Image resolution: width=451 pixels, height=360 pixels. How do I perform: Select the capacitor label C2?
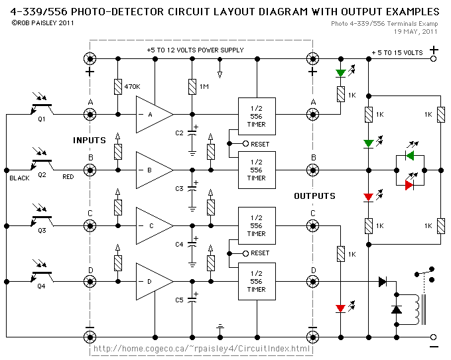pyautogui.click(x=179, y=133)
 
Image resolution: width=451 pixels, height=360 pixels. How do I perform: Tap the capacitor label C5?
pyautogui.click(x=179, y=300)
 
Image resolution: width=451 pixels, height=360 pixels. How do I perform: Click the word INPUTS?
pyautogui.click(x=90, y=141)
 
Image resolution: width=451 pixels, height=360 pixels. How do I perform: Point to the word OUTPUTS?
pyautogui.click(x=314, y=196)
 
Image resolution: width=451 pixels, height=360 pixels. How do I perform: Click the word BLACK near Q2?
pyautogui.click(x=20, y=178)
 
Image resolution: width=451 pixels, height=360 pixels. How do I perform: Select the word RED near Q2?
pyautogui.click(x=68, y=177)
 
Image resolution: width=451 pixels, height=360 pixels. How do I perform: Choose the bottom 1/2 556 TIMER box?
pyautogui.click(x=256, y=281)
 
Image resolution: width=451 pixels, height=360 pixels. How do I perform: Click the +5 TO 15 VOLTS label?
pyautogui.click(x=397, y=52)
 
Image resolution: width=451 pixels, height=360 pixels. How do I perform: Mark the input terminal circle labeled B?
pyautogui.click(x=90, y=170)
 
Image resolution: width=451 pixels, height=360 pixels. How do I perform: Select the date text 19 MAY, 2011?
pyautogui.click(x=415, y=31)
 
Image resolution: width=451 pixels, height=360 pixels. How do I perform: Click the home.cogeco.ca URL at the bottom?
pyautogui.click(x=202, y=349)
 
